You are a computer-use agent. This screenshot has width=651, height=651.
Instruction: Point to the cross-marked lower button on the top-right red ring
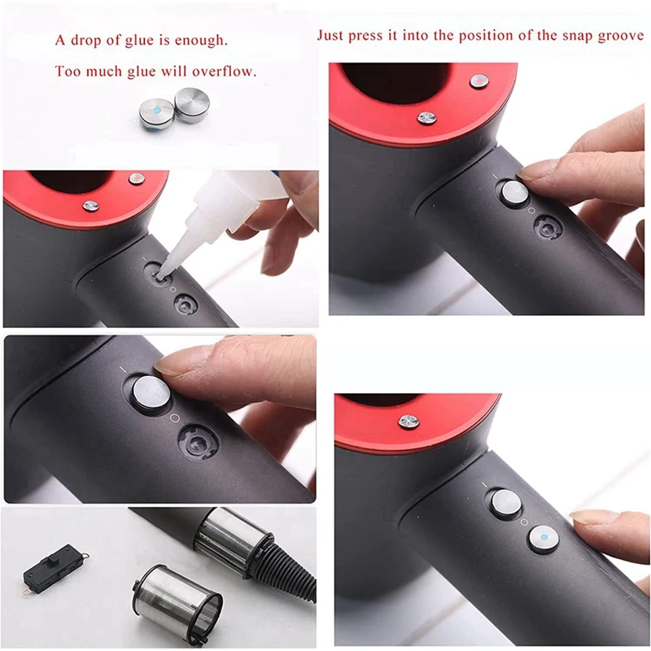(426, 118)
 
